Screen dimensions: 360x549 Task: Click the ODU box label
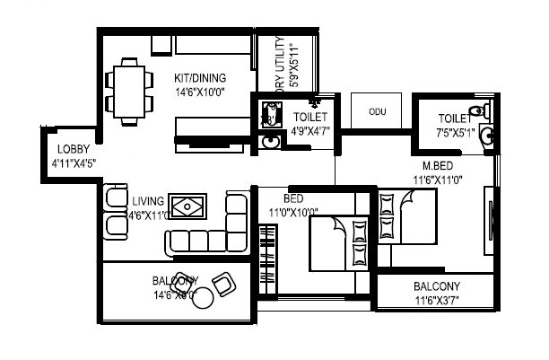(x=374, y=112)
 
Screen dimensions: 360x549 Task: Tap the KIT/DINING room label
(x=200, y=78)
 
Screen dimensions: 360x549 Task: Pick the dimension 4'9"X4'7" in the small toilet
(x=309, y=132)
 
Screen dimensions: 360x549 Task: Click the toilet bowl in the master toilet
(x=484, y=112)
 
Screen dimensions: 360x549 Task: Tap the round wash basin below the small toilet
(x=268, y=141)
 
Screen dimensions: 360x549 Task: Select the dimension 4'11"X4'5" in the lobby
(x=74, y=162)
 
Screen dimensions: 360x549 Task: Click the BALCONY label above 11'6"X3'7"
(x=436, y=286)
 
